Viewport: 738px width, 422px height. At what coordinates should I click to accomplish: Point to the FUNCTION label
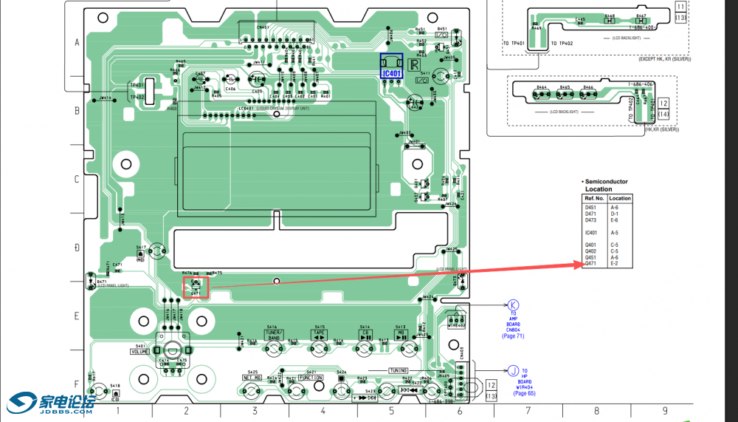coord(311,378)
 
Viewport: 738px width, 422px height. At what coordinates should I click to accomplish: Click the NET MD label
coord(252,378)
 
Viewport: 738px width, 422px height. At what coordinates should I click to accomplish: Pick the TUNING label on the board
coord(399,370)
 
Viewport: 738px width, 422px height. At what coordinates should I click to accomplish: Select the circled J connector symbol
coord(513,370)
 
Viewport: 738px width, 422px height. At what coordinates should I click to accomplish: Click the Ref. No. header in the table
coord(594,198)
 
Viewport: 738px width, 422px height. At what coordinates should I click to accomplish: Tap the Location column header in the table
coord(620,198)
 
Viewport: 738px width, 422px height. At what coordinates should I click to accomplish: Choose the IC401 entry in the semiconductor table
coord(590,233)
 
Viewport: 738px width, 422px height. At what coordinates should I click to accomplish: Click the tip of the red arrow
coord(580,262)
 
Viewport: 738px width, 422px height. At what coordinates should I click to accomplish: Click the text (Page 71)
coord(513,336)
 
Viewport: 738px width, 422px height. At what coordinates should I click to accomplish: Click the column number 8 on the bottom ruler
coord(596,409)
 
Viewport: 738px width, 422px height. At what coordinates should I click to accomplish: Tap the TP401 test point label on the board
coord(137,85)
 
